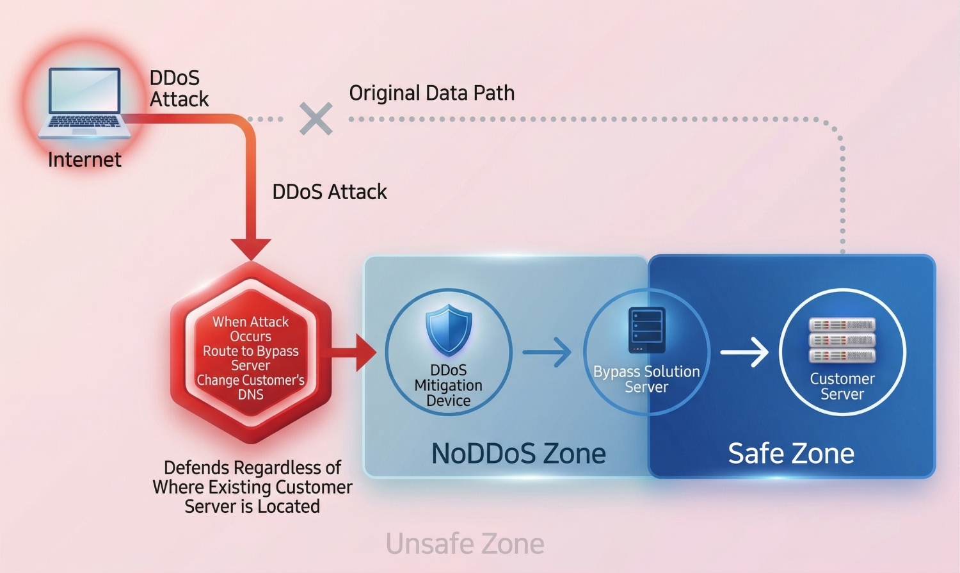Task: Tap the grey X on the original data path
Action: click(316, 118)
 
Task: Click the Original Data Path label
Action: click(431, 93)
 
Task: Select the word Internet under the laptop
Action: click(84, 159)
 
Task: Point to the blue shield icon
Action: click(449, 330)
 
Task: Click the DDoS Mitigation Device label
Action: click(449, 385)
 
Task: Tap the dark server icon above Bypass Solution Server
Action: click(646, 330)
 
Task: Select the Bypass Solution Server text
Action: click(646, 379)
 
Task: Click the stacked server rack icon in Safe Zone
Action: click(842, 340)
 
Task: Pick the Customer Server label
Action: click(842, 386)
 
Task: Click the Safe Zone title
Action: click(791, 453)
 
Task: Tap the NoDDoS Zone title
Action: click(518, 453)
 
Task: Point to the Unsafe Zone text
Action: click(465, 544)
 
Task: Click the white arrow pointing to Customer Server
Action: click(745, 352)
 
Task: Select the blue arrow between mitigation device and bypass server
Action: click(547, 352)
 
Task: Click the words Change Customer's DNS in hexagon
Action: click(251, 387)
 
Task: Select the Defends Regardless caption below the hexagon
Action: click(252, 487)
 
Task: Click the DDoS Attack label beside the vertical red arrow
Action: click(330, 191)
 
